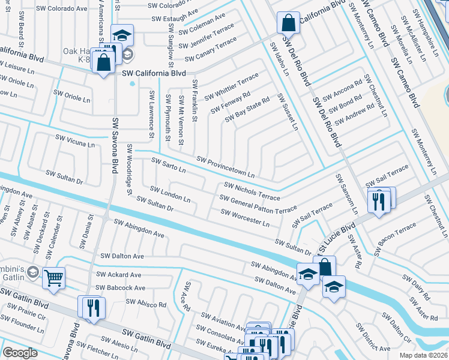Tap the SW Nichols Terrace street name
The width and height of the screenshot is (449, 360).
point(252,192)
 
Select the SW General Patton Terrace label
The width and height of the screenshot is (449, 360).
point(258,204)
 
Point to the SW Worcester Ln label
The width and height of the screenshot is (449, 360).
point(245,218)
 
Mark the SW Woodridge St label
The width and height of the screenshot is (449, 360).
point(129,169)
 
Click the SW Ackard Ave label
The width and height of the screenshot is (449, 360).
point(121,275)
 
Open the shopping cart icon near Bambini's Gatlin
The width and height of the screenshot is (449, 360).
point(54,278)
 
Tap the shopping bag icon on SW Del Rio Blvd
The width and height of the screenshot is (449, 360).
point(288,23)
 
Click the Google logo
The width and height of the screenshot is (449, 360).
point(20,353)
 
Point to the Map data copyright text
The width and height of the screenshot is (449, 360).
point(423,355)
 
